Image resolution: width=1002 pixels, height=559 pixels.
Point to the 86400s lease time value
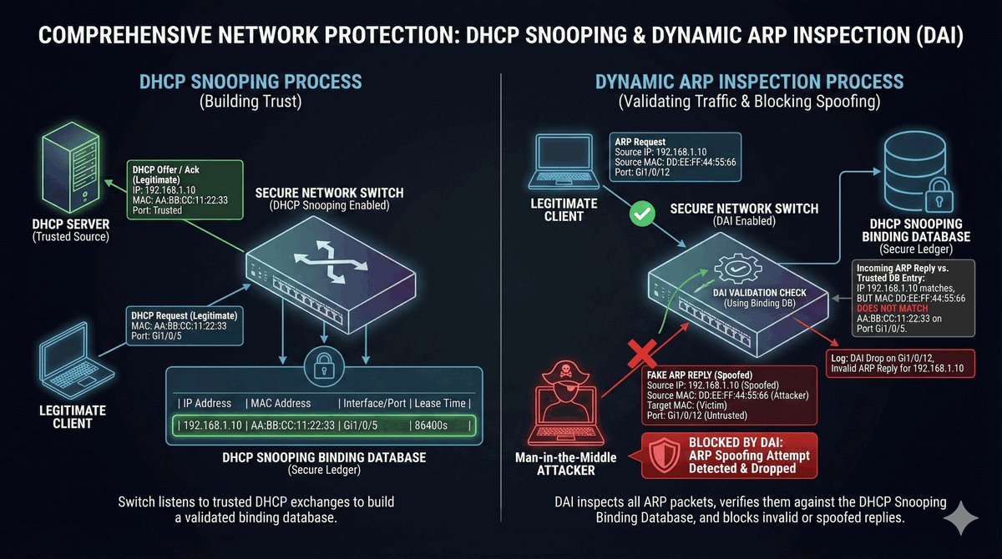coord(433,426)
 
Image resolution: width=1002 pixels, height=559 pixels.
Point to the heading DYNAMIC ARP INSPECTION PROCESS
coord(749,82)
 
